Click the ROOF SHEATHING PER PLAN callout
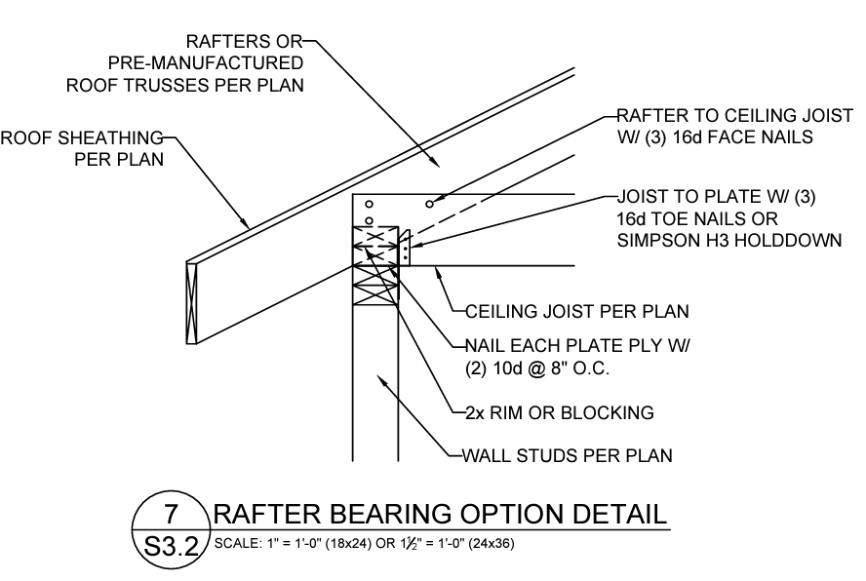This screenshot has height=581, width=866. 82,147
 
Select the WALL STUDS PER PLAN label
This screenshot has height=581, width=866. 560,454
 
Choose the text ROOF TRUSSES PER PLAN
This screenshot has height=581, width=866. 185,85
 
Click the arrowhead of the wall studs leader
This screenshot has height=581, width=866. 383,381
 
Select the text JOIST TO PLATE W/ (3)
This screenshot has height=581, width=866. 716,197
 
